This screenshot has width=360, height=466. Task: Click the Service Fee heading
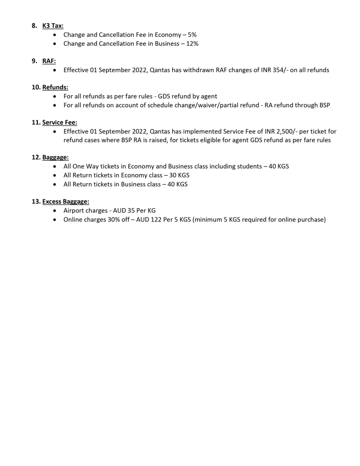click(59, 122)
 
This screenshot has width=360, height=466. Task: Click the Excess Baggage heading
click(65, 201)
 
